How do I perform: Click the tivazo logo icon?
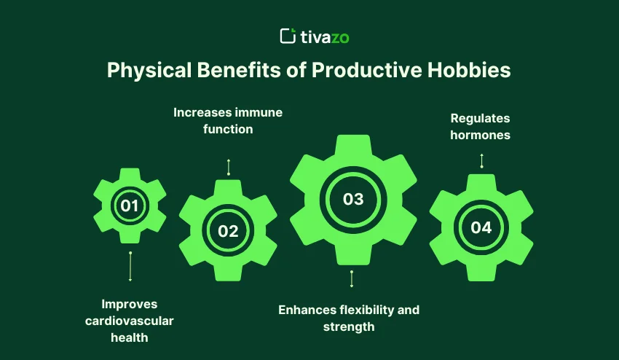[x=288, y=36]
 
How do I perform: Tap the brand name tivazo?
[x=325, y=38]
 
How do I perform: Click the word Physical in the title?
[x=149, y=71]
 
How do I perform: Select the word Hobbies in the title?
[x=469, y=70]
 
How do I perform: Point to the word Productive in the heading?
[x=367, y=70]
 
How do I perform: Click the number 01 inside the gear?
[x=130, y=206]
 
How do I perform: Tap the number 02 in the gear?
[x=228, y=231]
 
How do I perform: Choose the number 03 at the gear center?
[x=353, y=199]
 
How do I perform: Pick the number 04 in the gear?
[x=481, y=227]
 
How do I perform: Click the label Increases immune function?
[x=228, y=120]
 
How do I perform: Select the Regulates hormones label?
[x=480, y=127]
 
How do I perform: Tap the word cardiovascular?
[x=129, y=321]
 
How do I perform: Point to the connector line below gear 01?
[x=130, y=266]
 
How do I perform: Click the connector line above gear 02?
[x=229, y=167]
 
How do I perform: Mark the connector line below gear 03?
[x=352, y=278]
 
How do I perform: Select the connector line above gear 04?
[x=481, y=161]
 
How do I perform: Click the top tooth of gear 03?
[x=353, y=144]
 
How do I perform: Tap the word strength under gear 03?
[x=349, y=327]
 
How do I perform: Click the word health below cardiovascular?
[x=130, y=337]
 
